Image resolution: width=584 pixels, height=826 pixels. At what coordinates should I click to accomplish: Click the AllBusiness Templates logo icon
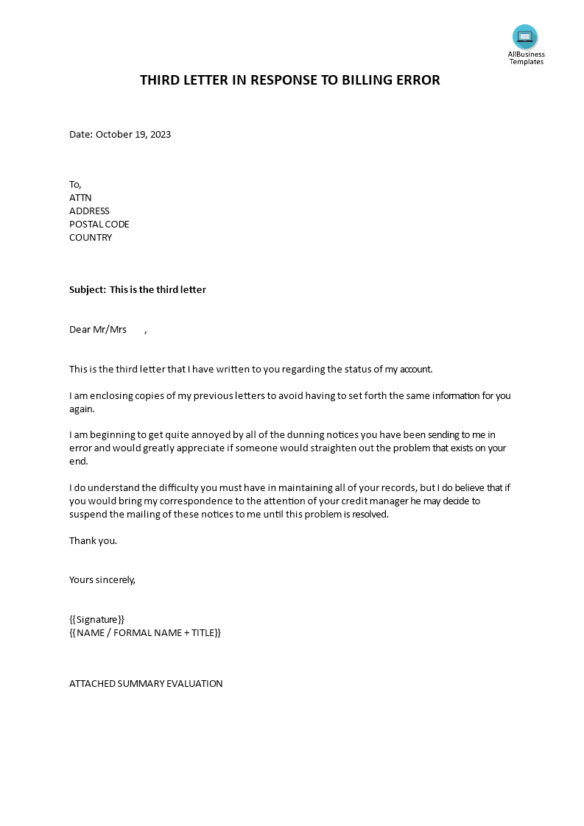[525, 37]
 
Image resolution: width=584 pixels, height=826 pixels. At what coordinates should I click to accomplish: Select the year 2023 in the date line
[160, 135]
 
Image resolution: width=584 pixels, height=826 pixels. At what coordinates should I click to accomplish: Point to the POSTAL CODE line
[99, 225]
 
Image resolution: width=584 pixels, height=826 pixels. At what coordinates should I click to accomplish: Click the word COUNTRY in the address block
[91, 238]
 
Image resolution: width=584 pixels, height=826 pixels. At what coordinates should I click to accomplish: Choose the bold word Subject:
[88, 290]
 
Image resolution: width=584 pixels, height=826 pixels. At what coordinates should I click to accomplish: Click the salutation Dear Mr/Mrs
[98, 330]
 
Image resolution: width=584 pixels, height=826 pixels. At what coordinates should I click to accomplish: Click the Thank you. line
[93, 541]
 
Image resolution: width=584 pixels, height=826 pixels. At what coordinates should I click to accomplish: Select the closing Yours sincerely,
[102, 580]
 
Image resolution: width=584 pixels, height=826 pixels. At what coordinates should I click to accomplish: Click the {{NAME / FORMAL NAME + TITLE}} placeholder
[144, 633]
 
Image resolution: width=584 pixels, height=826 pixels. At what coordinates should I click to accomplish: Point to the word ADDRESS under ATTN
[89, 211]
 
